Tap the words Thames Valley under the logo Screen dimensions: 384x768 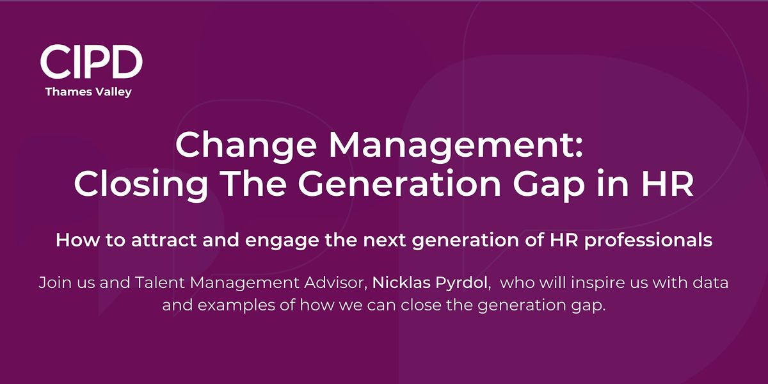(x=88, y=92)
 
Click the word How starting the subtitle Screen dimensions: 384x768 (x=73, y=241)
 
